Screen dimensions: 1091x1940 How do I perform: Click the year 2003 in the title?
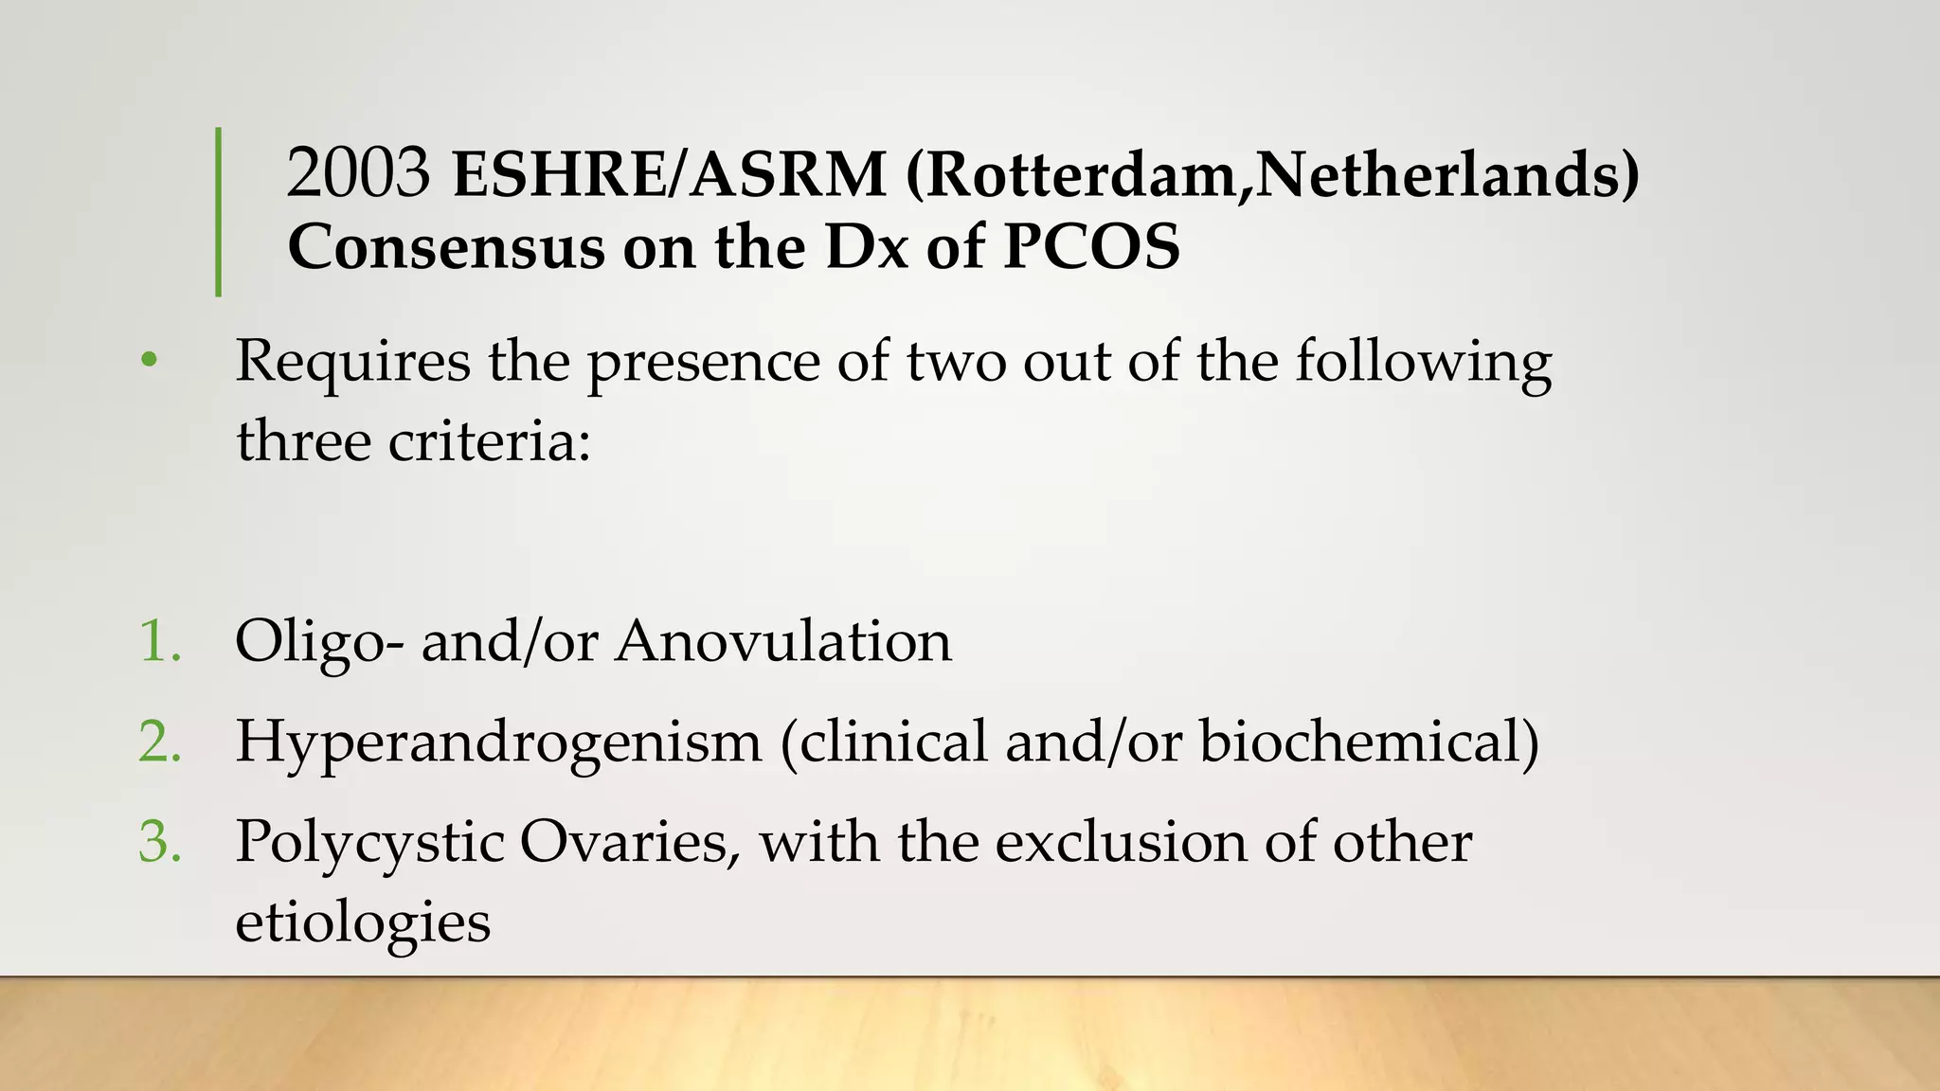(x=358, y=174)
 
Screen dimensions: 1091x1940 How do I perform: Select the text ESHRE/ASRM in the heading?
(x=669, y=174)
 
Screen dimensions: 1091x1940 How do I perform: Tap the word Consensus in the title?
(x=445, y=248)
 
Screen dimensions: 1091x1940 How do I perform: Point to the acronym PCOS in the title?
(x=1091, y=248)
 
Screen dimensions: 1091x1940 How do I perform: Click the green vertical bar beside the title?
(x=219, y=212)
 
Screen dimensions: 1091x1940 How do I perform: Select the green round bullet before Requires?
(x=149, y=361)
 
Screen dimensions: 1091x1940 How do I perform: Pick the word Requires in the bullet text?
(x=352, y=363)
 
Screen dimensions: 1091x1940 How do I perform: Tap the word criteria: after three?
(x=490, y=441)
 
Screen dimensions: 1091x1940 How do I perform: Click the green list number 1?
(x=159, y=641)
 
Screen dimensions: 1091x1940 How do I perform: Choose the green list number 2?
(x=159, y=742)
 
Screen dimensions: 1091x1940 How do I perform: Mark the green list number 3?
(x=159, y=842)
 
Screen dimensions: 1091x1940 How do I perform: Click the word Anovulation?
(x=783, y=641)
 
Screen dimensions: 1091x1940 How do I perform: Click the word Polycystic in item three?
(x=369, y=843)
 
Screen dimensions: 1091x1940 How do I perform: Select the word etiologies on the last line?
(x=363, y=922)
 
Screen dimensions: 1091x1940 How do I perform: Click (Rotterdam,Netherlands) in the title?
(x=1272, y=174)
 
